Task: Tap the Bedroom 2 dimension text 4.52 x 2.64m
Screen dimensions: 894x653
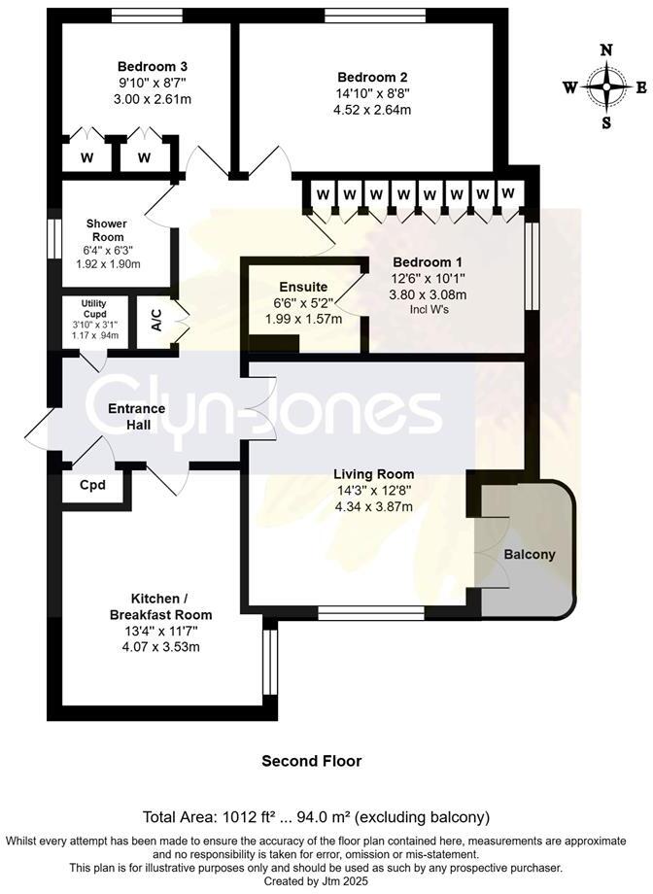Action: click(x=373, y=110)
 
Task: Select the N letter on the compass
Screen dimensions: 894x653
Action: click(x=606, y=51)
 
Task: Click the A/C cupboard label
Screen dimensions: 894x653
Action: click(x=157, y=322)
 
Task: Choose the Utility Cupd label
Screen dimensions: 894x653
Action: click(x=96, y=309)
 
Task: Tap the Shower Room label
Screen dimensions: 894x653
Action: click(x=109, y=230)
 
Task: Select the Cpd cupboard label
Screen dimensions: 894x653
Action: click(x=93, y=485)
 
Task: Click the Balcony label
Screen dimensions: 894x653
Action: click(x=530, y=555)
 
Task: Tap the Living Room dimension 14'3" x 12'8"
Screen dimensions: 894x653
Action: click(x=373, y=491)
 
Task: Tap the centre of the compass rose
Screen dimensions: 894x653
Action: click(x=606, y=86)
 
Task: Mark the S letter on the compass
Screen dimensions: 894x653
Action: click(x=606, y=122)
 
